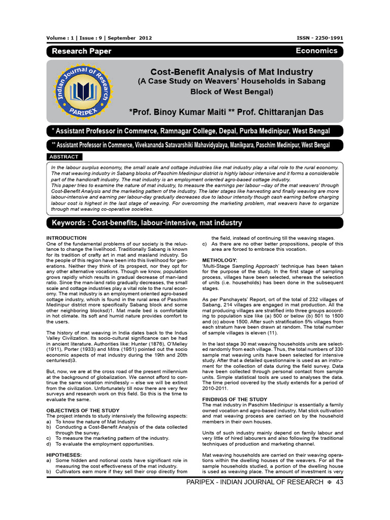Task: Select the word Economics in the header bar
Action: (316, 51)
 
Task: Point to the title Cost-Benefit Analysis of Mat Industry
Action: (231, 72)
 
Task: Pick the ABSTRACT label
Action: (64, 157)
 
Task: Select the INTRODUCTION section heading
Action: (67, 238)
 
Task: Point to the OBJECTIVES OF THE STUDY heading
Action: (83, 410)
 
